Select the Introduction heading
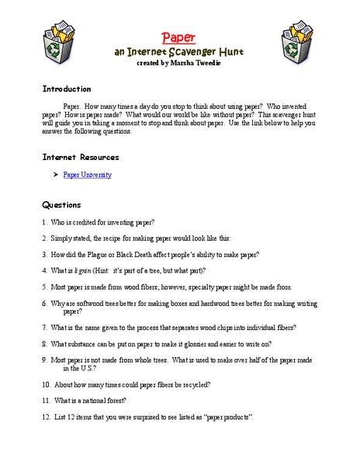66,89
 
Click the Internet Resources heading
81,157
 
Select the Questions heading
61,205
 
